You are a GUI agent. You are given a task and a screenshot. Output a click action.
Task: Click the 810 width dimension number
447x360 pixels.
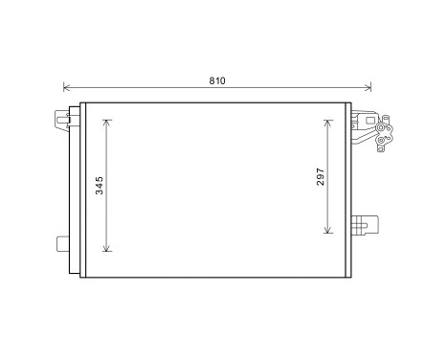tap(217, 80)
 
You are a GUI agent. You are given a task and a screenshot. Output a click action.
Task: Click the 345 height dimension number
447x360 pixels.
tap(100, 186)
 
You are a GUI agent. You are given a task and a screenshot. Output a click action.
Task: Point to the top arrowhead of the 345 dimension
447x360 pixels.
tap(108, 123)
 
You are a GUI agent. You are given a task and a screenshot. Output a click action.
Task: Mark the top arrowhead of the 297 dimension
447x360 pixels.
tap(328, 123)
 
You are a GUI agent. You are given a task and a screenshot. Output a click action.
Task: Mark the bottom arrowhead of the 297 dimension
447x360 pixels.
tap(328, 231)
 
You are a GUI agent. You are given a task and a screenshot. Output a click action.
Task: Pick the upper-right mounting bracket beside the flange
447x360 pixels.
tap(363, 124)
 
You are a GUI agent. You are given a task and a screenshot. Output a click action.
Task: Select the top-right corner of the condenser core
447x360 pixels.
tap(350, 102)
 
